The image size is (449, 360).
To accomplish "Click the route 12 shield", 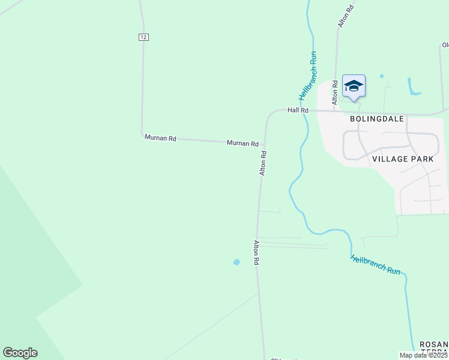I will pyautogui.click(x=143, y=37).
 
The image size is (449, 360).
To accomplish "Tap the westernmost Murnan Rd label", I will pyautogui.click(x=160, y=138).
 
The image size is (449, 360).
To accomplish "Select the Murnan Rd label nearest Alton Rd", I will pyautogui.click(x=243, y=143).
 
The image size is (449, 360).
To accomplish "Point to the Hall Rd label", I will pyautogui.click(x=298, y=110).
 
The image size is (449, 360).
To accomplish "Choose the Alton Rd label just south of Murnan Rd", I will pyautogui.click(x=263, y=163).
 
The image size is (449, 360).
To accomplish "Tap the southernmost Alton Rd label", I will pyautogui.click(x=256, y=253).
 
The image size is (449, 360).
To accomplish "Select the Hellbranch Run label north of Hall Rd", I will pyautogui.click(x=308, y=76).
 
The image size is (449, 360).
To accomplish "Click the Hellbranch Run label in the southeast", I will pyautogui.click(x=375, y=265).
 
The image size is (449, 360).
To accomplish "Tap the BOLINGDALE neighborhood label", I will pyautogui.click(x=374, y=119).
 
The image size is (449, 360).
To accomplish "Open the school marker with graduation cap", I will pyautogui.click(x=354, y=86).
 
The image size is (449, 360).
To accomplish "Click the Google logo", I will pyautogui.click(x=20, y=353).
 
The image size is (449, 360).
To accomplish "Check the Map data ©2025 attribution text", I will pyautogui.click(x=424, y=355).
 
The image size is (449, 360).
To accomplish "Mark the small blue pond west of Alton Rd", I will pyautogui.click(x=237, y=262).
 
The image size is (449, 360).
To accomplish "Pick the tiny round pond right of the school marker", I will pyautogui.click(x=381, y=76).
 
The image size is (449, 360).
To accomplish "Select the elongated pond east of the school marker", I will pyautogui.click(x=412, y=87).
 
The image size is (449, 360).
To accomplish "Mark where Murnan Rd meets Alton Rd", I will pyautogui.click(x=264, y=145).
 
